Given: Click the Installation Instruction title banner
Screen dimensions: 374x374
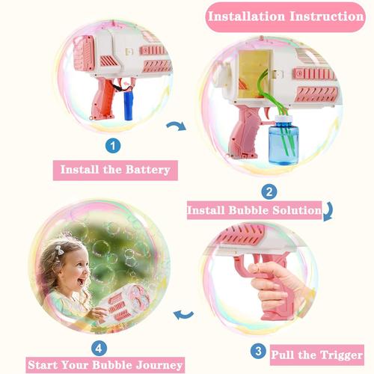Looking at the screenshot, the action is [x=286, y=17].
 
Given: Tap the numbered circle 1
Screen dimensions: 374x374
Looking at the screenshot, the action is [x=113, y=146].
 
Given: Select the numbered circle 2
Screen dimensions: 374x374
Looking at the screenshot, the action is [x=269, y=191].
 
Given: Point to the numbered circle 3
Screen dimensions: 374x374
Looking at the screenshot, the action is [x=259, y=351].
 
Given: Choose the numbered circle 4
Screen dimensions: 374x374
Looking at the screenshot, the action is [x=99, y=348].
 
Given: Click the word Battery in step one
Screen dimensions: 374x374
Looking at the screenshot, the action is [x=148, y=170].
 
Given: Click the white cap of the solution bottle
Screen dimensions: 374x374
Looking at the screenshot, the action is [x=283, y=119].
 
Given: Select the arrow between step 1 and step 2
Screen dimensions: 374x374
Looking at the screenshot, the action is [x=177, y=126].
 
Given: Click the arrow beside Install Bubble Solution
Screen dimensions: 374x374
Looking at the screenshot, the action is [x=328, y=212].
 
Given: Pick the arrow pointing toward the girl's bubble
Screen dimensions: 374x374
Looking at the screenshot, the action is [x=183, y=315].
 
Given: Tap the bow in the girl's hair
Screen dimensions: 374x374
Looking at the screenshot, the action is [x=60, y=251].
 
